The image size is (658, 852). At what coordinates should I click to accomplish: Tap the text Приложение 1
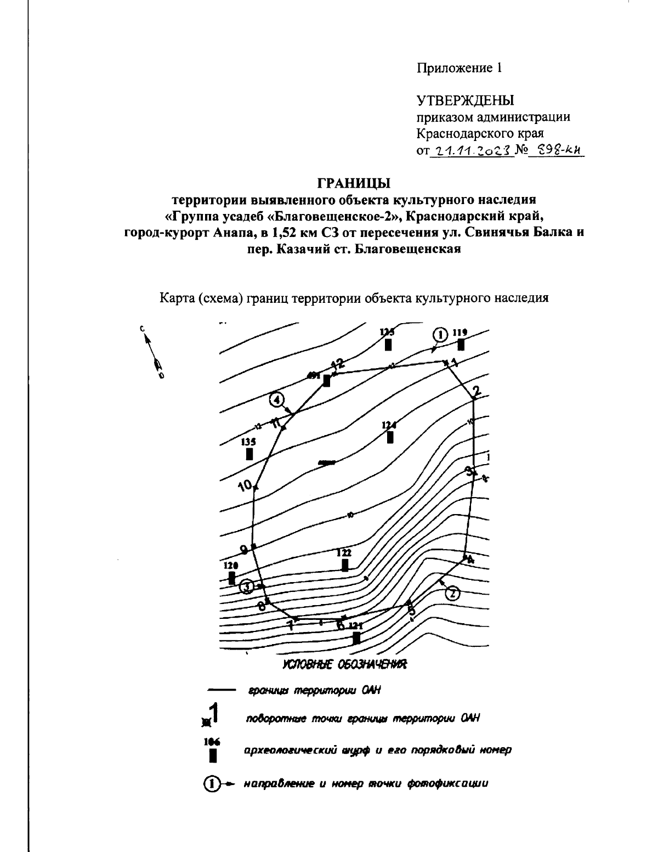(x=459, y=68)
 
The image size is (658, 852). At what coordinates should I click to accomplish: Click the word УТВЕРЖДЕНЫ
(x=465, y=100)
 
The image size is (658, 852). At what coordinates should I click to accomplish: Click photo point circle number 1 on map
(x=440, y=334)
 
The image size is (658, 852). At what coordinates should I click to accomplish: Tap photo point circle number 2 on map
(x=452, y=594)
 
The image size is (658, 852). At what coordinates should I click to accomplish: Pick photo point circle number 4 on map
(x=277, y=400)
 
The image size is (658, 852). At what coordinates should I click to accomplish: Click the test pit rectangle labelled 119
(x=461, y=345)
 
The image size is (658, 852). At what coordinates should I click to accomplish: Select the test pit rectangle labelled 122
(x=345, y=565)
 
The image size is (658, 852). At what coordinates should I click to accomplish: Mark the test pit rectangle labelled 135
(x=249, y=454)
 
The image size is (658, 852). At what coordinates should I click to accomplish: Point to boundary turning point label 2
(x=476, y=391)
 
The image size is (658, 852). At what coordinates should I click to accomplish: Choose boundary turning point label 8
(x=261, y=606)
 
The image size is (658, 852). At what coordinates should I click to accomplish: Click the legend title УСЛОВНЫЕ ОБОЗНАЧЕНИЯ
(x=344, y=665)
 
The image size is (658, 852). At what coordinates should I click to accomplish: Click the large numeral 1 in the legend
(x=214, y=713)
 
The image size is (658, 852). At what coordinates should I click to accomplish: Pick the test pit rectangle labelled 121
(x=356, y=637)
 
